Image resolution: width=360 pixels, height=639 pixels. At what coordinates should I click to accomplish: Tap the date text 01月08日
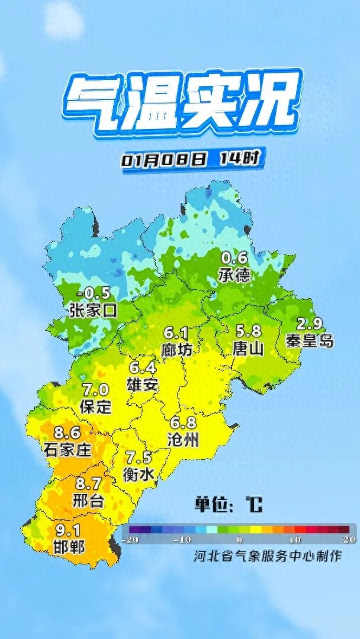[165, 160]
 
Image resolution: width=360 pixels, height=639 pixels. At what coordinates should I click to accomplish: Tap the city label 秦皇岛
[309, 341]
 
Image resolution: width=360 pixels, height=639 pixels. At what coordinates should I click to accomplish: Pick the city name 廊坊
[176, 350]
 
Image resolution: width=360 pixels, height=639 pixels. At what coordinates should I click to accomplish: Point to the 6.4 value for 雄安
[142, 367]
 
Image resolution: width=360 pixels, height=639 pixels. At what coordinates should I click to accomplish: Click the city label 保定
[95, 406]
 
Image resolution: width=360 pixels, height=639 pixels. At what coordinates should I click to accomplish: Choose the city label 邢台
[89, 501]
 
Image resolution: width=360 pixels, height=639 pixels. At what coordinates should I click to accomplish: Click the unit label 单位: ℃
[228, 505]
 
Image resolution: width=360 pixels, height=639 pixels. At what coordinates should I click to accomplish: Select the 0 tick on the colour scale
[239, 540]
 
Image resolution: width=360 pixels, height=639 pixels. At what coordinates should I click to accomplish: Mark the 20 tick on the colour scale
[349, 540]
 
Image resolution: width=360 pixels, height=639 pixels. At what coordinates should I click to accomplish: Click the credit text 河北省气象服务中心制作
[268, 556]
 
